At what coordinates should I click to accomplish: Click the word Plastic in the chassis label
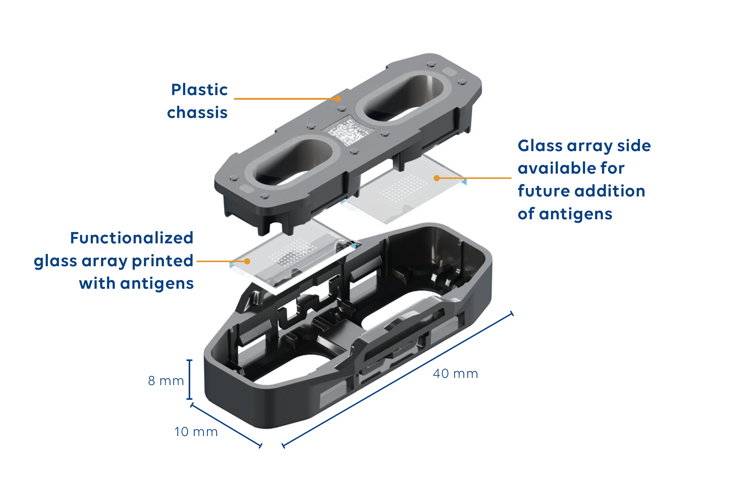pos(199,90)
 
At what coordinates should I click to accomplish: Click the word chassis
pos(197,113)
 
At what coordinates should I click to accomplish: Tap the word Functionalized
pos(132,238)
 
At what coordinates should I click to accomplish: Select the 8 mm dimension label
pos(166,381)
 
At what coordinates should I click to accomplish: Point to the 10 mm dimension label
pos(196,432)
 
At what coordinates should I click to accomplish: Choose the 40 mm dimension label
pos(456,374)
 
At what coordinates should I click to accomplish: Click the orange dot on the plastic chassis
pos(338,99)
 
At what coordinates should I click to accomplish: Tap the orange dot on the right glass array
pos(437,178)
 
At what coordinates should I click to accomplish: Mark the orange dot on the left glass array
pos(247,261)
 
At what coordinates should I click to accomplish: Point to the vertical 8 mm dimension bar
pos(189,379)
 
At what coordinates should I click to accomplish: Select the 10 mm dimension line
pos(226,425)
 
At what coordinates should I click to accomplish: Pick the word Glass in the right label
pos(540,146)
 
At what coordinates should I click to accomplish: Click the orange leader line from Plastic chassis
pos(286,99)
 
